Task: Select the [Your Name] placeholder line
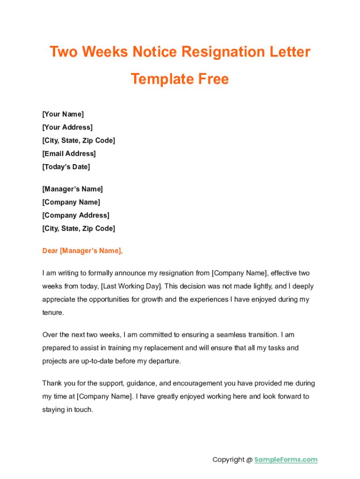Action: (63, 114)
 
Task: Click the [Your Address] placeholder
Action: (67, 127)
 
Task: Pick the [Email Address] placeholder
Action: (69, 153)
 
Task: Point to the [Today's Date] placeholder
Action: (66, 167)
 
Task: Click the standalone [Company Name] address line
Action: (71, 202)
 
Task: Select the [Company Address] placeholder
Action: (76, 215)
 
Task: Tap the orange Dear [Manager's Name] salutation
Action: (82, 251)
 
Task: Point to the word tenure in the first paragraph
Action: (52, 312)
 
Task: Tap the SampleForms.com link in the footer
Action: (286, 459)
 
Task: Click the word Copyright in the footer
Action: (229, 459)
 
